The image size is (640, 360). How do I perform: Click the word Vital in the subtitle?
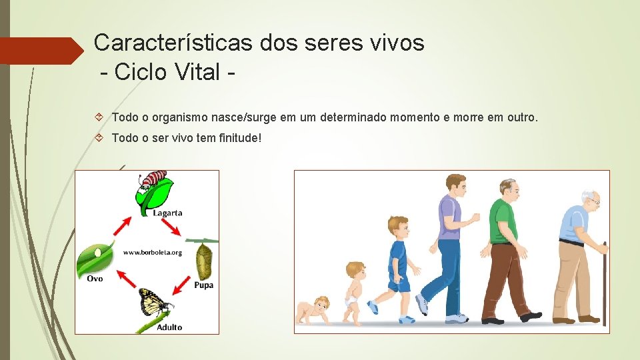193,71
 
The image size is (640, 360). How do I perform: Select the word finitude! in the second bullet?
237,138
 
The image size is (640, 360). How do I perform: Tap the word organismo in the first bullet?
181,117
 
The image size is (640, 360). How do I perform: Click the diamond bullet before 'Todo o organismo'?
99,117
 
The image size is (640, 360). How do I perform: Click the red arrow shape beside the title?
40,51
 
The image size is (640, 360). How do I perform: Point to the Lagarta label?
167,213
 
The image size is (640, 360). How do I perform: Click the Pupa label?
203,285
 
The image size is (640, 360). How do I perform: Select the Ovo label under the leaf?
95,278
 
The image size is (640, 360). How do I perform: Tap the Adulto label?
169,327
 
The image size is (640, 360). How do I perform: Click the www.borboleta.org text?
152,253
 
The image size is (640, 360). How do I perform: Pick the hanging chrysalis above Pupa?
203,261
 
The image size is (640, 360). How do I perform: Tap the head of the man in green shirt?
508,189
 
